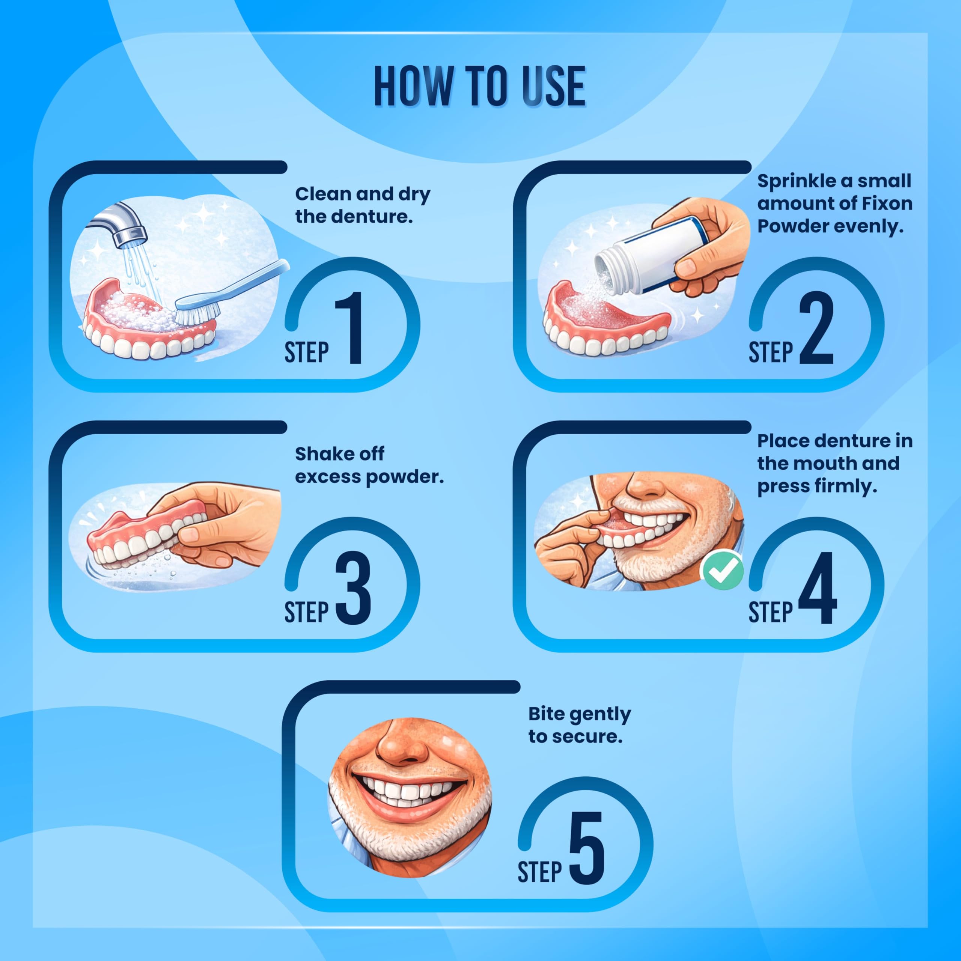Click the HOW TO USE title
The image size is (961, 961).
[480, 86]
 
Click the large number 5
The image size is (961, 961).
[587, 848]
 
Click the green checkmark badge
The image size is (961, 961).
[722, 571]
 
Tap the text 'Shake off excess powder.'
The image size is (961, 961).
[369, 465]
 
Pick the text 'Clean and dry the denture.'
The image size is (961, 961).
[363, 205]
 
